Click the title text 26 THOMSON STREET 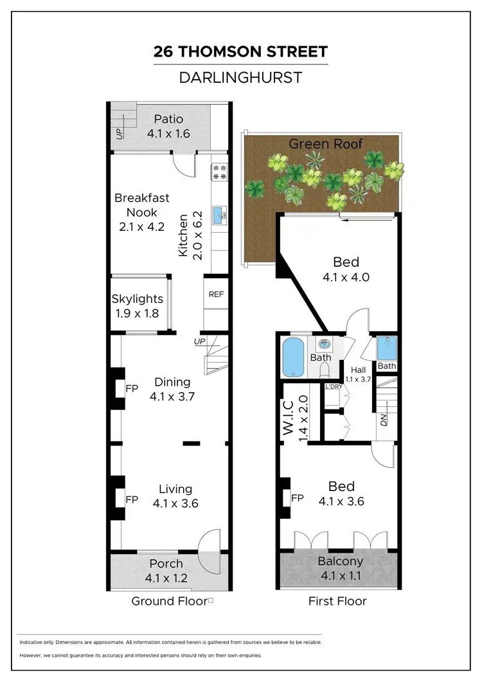[240, 52]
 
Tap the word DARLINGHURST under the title [240, 78]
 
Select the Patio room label [169, 119]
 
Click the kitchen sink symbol [219, 213]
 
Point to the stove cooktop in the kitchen [219, 172]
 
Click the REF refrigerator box [215, 294]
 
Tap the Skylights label [137, 299]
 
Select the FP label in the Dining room [132, 388]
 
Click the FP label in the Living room [132, 499]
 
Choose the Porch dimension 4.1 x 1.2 [167, 579]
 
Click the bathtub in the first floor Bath [294, 357]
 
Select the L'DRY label [333, 386]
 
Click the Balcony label [341, 561]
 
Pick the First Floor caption [338, 601]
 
